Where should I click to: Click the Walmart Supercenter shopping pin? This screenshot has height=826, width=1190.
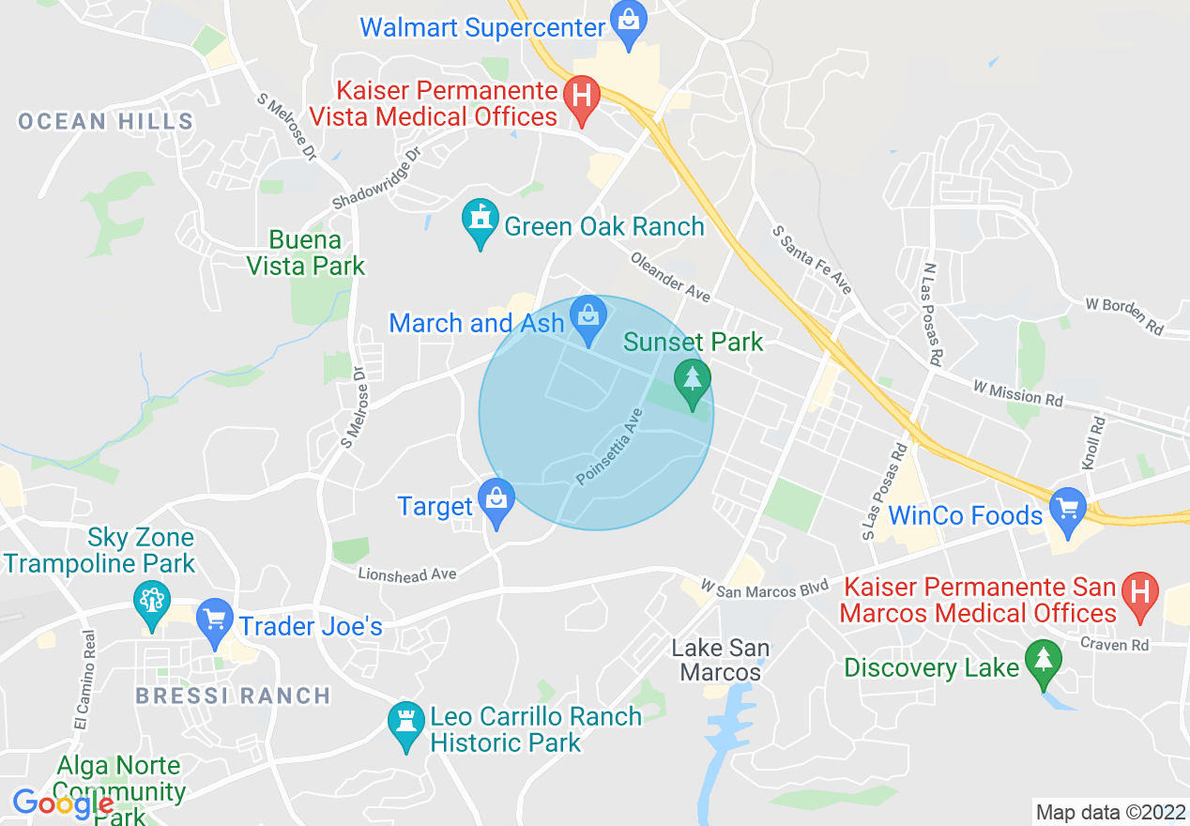point(626,20)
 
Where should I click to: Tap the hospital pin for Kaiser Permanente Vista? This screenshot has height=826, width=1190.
point(582,97)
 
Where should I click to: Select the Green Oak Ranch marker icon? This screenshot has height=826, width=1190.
point(480,222)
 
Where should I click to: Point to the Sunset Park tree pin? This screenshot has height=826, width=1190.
point(693,381)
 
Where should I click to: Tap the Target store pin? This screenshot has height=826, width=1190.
point(496,501)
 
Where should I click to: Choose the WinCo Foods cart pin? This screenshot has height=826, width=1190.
point(1067,510)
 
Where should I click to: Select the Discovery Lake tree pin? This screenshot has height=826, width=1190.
point(1043,661)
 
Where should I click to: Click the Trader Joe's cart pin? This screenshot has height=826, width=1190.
point(216,620)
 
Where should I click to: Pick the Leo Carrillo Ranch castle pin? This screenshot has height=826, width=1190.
point(406,724)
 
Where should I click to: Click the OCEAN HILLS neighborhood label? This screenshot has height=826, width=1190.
point(106,121)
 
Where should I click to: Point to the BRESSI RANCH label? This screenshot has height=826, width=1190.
point(233,696)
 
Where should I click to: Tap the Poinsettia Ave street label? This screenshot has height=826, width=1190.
point(610,446)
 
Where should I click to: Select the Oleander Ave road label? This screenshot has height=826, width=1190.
point(669,278)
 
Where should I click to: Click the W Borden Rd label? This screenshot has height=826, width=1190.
point(1124,316)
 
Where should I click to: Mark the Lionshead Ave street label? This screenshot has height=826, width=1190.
point(406,573)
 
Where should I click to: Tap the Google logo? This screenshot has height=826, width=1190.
point(63,803)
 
